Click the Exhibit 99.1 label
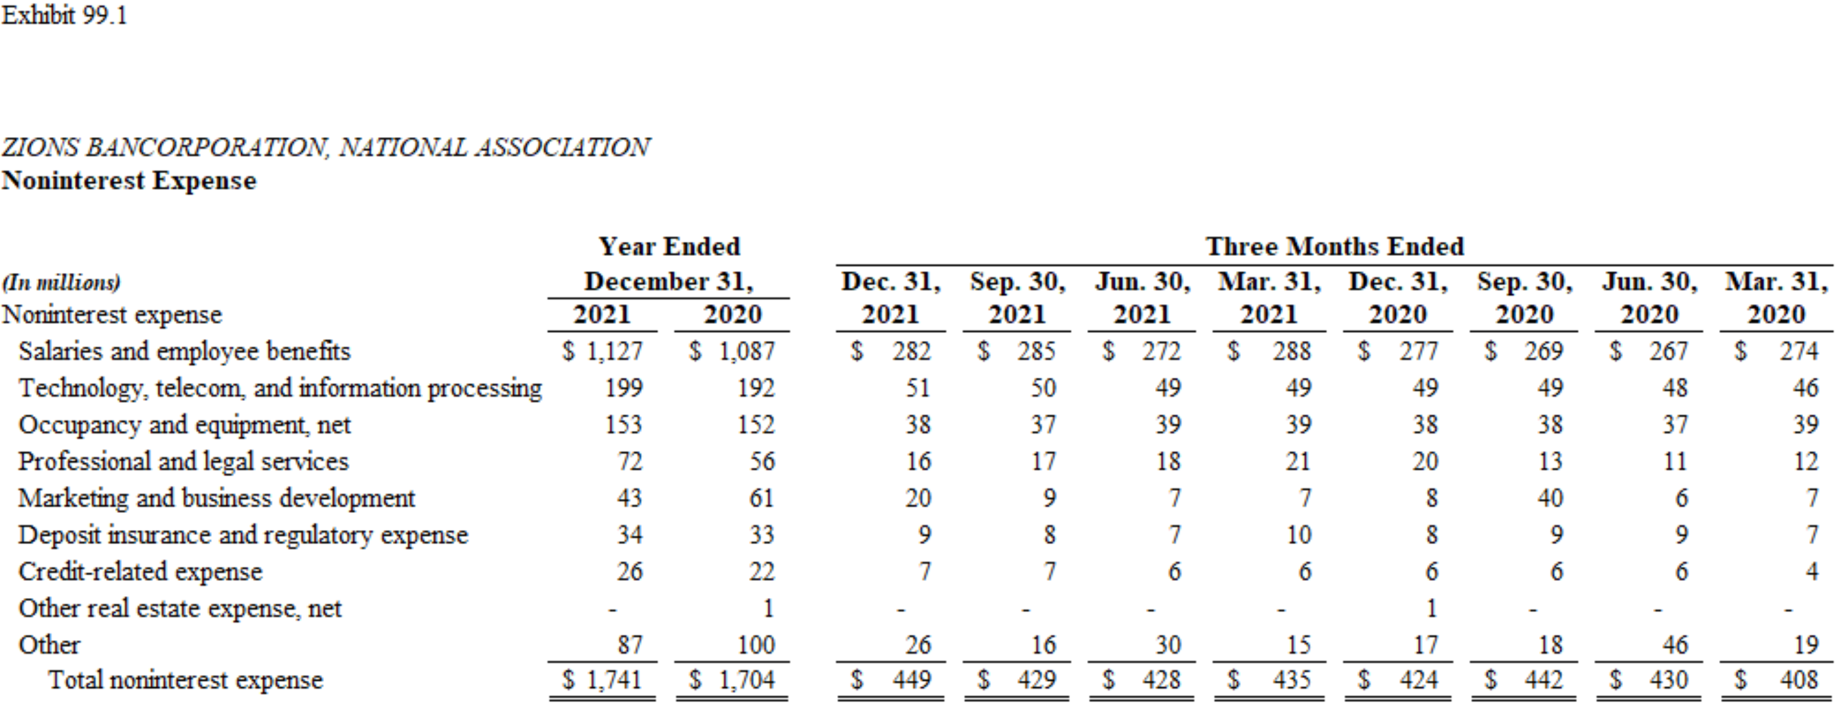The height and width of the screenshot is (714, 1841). click(65, 15)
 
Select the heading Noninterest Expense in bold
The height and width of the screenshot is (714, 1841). click(129, 181)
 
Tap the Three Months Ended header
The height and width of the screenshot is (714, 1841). click(1334, 246)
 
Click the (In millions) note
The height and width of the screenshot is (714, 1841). click(62, 283)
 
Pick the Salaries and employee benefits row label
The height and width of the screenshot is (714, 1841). click(185, 352)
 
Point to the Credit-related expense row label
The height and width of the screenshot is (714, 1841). click(140, 572)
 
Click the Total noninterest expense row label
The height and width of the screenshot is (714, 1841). click(185, 679)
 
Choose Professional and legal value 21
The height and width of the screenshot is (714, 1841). click(1298, 461)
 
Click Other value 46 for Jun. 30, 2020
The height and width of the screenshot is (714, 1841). click(1674, 645)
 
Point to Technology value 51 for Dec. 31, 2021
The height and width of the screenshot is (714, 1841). click(918, 388)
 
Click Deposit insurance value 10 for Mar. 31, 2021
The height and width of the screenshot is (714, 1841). click(1298, 535)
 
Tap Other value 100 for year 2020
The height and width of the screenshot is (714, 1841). click(756, 645)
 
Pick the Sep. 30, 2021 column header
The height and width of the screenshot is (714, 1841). click(1017, 298)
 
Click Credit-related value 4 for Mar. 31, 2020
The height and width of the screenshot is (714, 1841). click(1811, 572)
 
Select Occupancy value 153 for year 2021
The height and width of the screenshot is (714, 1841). click(623, 425)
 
